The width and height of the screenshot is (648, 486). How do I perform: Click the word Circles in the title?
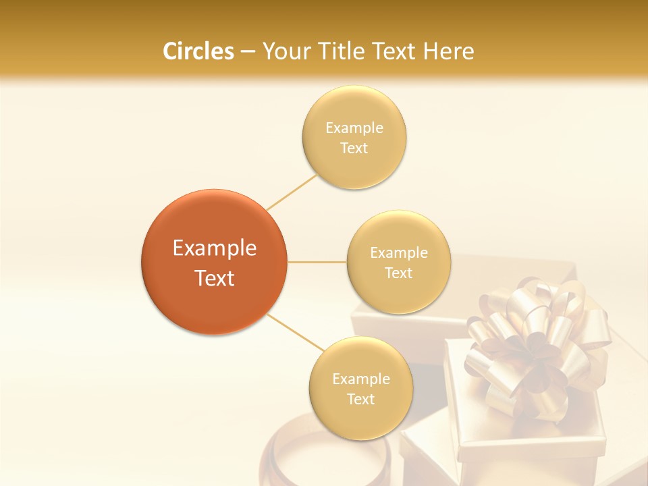point(198,51)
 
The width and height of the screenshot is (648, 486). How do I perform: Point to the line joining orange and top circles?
point(292,191)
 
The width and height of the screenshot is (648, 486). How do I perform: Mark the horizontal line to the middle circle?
point(317,262)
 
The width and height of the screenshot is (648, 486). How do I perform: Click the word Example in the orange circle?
point(214,248)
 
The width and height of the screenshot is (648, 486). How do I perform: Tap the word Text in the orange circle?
point(214,278)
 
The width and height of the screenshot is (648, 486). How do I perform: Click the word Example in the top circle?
point(354,128)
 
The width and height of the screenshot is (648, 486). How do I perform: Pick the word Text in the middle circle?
point(398,273)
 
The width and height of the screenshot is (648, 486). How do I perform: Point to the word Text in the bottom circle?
point(360,399)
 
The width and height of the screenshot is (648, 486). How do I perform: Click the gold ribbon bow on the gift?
point(533,337)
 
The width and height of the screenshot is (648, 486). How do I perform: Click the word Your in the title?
point(284,51)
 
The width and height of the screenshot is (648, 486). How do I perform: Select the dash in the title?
point(248,51)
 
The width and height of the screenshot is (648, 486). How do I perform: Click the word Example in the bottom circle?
point(360,379)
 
